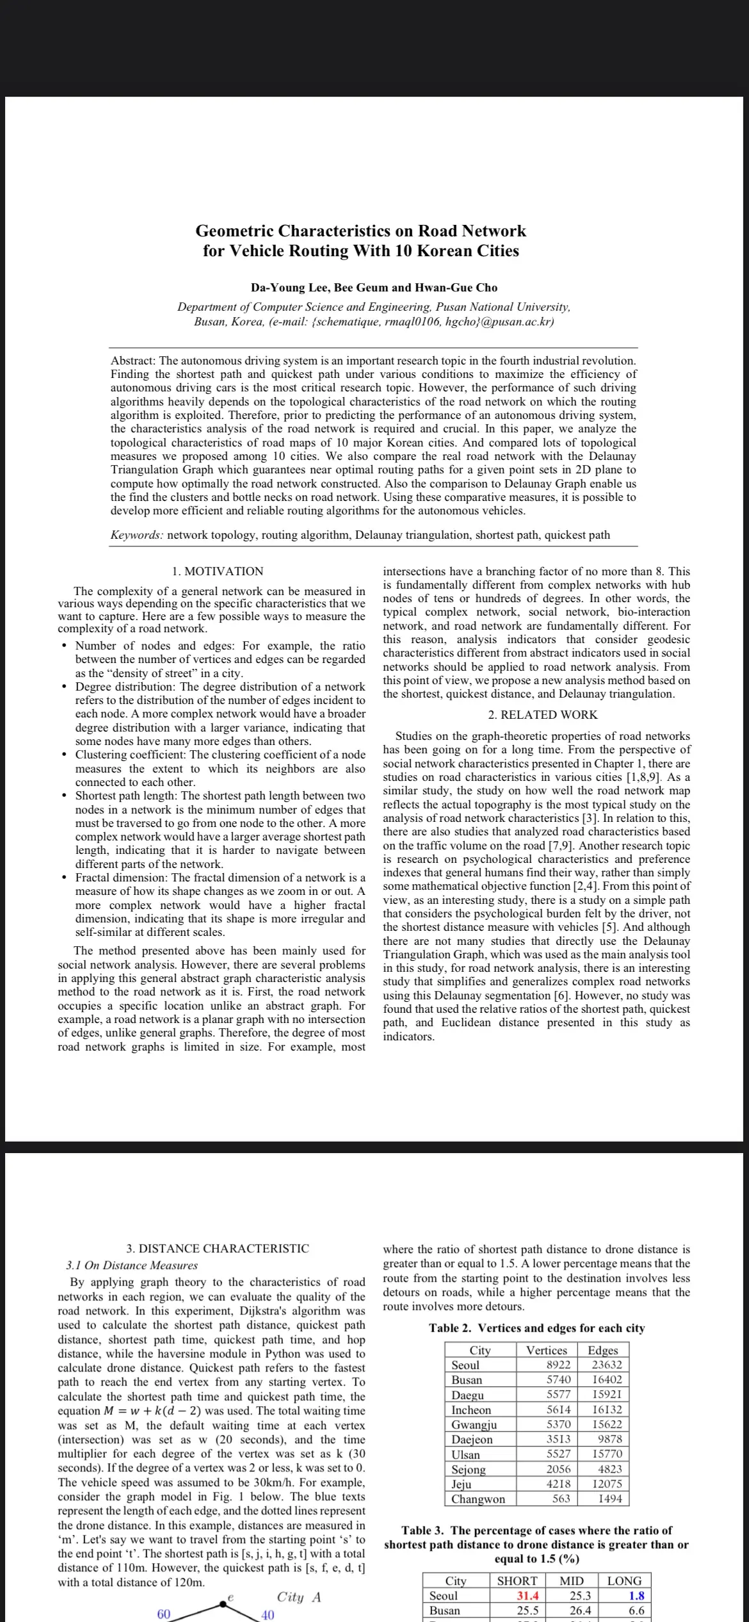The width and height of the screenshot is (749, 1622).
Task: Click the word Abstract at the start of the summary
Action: click(x=133, y=361)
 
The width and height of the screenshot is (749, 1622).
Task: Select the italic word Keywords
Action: click(x=136, y=535)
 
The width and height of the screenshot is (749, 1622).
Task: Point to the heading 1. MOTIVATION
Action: click(x=218, y=571)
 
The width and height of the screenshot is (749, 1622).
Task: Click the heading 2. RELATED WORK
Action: click(x=542, y=715)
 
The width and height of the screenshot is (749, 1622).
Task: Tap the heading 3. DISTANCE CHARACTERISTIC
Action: click(x=218, y=1249)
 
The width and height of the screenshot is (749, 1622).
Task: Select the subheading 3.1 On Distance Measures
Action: click(x=132, y=1265)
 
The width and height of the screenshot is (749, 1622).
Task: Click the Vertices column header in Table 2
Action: click(x=546, y=1350)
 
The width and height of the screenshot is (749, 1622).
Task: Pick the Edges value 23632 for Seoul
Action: click(x=606, y=1365)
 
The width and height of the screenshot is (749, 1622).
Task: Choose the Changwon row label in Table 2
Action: click(x=478, y=1499)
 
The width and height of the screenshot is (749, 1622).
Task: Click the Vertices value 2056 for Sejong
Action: click(x=558, y=1470)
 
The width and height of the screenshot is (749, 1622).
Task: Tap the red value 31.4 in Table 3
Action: click(x=528, y=1596)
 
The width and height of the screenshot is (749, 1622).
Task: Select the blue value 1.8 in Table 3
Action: click(x=636, y=1596)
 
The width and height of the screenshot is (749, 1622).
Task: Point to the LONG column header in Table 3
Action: click(x=624, y=1581)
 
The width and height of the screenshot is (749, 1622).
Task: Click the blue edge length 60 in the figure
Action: click(x=164, y=1614)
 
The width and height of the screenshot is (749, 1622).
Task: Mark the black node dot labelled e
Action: click(x=223, y=1604)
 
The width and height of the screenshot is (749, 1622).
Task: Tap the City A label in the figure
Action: click(x=298, y=1597)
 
